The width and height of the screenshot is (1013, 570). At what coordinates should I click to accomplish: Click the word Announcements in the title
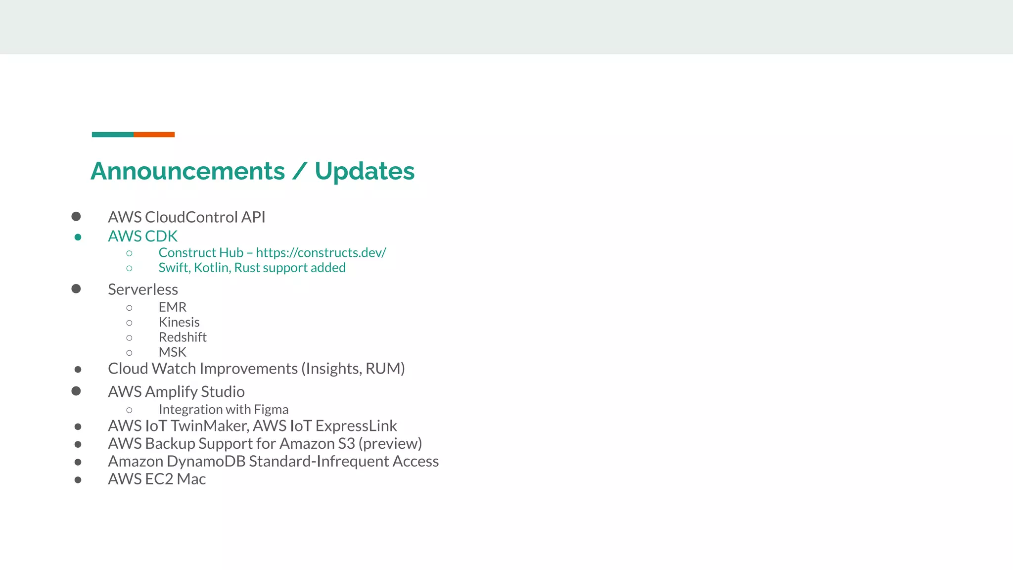[188, 171]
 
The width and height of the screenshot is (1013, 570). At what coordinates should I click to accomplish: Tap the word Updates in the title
[365, 171]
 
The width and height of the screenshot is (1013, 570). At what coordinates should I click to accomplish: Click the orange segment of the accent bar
[154, 135]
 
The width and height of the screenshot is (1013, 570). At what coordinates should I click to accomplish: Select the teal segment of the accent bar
[113, 135]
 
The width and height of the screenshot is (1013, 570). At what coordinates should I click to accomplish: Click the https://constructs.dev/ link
[321, 253]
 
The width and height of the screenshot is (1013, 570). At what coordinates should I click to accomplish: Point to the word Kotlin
[212, 268]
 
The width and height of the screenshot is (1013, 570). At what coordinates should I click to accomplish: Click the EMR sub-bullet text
[173, 307]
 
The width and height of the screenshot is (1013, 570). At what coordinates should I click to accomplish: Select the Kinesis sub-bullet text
[179, 322]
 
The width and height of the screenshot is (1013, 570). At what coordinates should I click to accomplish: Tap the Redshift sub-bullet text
[183, 337]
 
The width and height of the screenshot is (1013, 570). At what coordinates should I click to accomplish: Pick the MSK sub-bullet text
[173, 352]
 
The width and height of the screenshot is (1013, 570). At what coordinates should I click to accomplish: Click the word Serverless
[143, 289]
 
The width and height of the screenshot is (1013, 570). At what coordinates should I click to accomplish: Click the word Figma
[271, 410]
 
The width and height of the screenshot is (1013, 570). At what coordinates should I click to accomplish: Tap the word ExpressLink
[356, 426]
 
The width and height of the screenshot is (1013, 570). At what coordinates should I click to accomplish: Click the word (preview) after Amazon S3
[390, 444]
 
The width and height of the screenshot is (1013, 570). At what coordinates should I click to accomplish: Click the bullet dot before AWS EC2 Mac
[78, 479]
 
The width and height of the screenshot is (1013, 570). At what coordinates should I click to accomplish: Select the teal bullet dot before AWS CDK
[78, 237]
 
